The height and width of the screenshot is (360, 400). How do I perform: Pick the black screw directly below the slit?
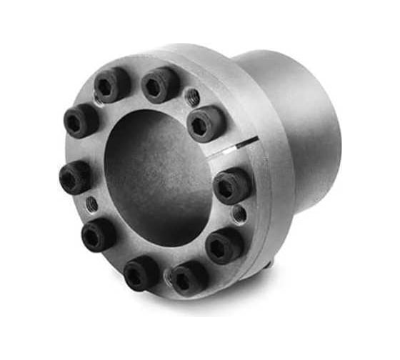[231, 186]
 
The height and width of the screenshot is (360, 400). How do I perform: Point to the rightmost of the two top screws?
[159, 85]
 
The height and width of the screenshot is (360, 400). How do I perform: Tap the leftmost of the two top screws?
[111, 85]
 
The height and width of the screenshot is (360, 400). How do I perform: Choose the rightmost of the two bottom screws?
[188, 277]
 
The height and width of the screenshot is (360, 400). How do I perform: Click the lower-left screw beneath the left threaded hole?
[98, 234]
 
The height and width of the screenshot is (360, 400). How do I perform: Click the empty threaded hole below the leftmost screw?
[91, 206]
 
